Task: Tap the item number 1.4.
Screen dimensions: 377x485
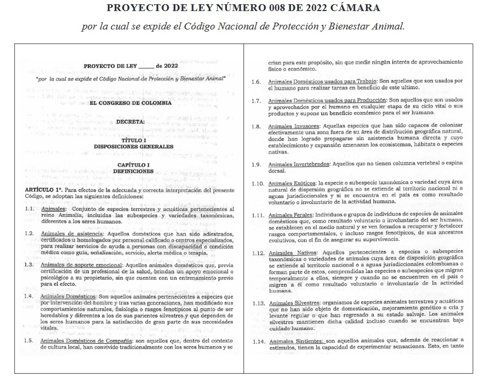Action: click(31, 297)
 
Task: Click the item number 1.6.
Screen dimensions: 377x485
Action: click(256, 82)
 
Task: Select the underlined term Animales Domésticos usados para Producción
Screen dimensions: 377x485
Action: click(326, 100)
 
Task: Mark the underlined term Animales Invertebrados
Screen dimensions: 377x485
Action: click(303, 164)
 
